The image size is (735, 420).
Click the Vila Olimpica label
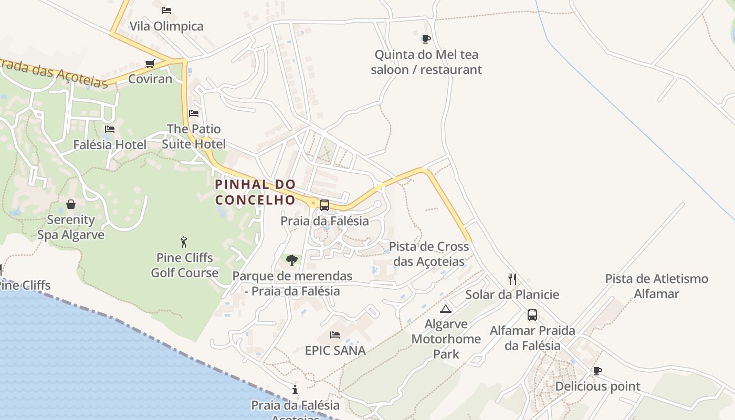point(166,26)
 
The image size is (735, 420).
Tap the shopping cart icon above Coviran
point(150,64)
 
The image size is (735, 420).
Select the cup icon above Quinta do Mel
point(426,39)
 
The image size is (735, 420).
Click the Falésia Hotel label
point(110,144)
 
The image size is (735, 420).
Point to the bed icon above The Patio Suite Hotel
point(194,113)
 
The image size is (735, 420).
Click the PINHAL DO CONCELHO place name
point(256,192)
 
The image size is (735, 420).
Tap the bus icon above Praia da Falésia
point(324,205)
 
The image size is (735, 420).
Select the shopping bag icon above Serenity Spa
point(71,204)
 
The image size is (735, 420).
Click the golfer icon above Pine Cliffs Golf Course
point(184,242)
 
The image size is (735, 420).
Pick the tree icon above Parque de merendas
point(292,260)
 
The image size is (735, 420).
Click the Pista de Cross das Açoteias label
point(429,254)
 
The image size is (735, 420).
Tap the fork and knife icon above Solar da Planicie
point(512,279)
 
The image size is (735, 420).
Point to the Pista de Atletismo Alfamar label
point(656,286)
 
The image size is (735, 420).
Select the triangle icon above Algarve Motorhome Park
point(446,309)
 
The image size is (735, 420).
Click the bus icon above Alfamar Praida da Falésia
point(532,315)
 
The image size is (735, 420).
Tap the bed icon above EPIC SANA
point(335,334)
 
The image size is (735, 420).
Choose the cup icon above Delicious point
point(597,371)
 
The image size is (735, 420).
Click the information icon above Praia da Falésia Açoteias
point(295,390)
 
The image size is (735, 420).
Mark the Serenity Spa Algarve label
point(71,227)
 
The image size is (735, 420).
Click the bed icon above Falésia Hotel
point(109,129)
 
